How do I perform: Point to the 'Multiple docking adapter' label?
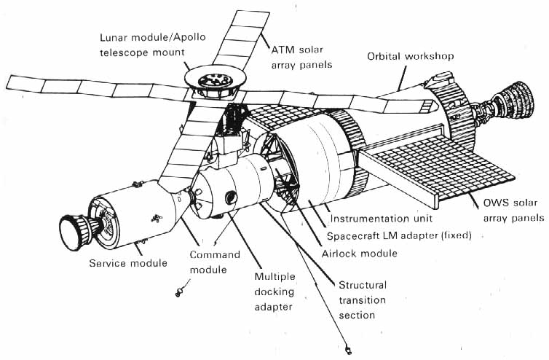[x=272, y=291]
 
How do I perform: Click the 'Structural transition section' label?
[x=362, y=300]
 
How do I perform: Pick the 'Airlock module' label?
[x=359, y=253]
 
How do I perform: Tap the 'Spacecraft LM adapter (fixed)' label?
[x=400, y=235]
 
